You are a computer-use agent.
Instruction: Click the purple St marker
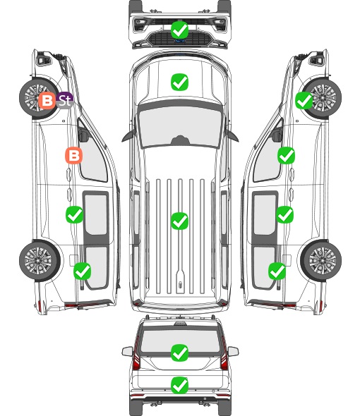click(x=65, y=100)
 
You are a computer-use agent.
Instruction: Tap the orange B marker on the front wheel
click(x=47, y=100)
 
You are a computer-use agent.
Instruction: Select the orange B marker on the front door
click(x=74, y=155)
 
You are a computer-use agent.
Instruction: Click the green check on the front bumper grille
click(x=180, y=30)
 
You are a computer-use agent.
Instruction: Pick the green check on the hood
click(x=180, y=82)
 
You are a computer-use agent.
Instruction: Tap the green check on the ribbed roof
click(x=180, y=221)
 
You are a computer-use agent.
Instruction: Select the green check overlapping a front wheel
click(x=304, y=101)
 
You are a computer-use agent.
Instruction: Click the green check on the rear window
click(x=180, y=353)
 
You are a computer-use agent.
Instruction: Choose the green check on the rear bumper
click(x=180, y=385)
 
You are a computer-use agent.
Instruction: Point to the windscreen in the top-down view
click(x=180, y=126)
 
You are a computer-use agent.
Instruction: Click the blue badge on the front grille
click(x=180, y=41)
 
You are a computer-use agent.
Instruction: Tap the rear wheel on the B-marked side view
click(x=40, y=260)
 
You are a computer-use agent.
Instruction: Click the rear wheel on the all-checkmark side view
click(x=321, y=260)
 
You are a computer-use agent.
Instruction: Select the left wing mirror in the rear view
click(x=128, y=351)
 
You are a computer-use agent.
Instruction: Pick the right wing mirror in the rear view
click(x=233, y=351)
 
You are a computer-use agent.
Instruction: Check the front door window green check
click(x=286, y=155)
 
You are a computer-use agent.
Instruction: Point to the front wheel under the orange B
click(x=40, y=97)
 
